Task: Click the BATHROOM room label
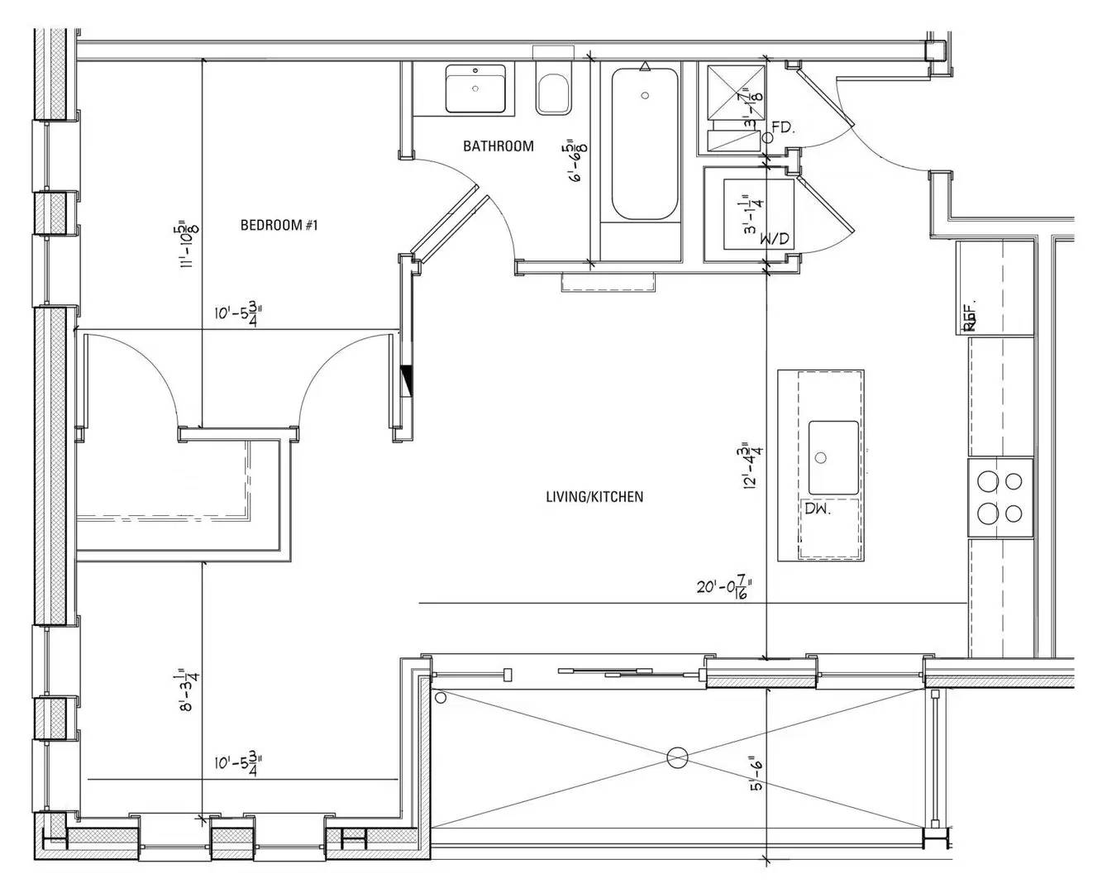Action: pyautogui.click(x=498, y=146)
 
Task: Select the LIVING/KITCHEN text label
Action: pyautogui.click(x=594, y=497)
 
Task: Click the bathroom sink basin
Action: pyautogui.click(x=475, y=88)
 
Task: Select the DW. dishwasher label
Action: pyautogui.click(x=818, y=509)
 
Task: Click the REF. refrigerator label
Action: pyautogui.click(x=971, y=316)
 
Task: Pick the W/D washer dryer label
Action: pyautogui.click(x=775, y=240)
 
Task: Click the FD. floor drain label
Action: pyautogui.click(x=782, y=127)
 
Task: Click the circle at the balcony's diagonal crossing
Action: pyautogui.click(x=677, y=756)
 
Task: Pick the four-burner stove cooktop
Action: pyautogui.click(x=1000, y=498)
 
